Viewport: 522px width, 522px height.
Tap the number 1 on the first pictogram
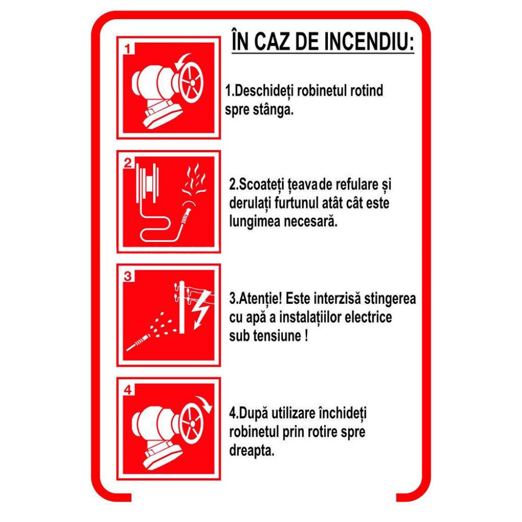(x=128, y=49)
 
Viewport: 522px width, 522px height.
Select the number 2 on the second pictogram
(x=128, y=163)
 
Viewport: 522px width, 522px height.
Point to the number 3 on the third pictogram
(x=128, y=277)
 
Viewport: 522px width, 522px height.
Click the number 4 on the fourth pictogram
(x=128, y=390)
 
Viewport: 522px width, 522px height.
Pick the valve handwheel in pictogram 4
(x=192, y=424)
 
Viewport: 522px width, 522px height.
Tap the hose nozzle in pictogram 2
(x=186, y=216)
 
